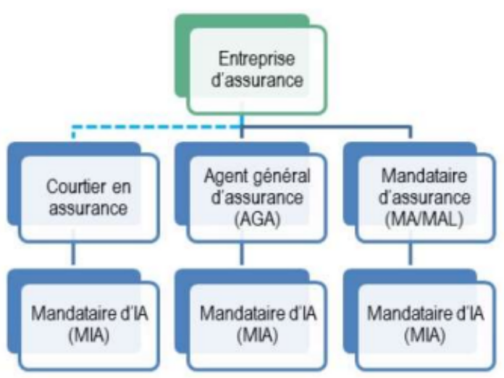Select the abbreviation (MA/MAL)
[x=413, y=219]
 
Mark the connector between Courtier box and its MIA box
[x=75, y=256]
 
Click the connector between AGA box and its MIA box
[x=243, y=256]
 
